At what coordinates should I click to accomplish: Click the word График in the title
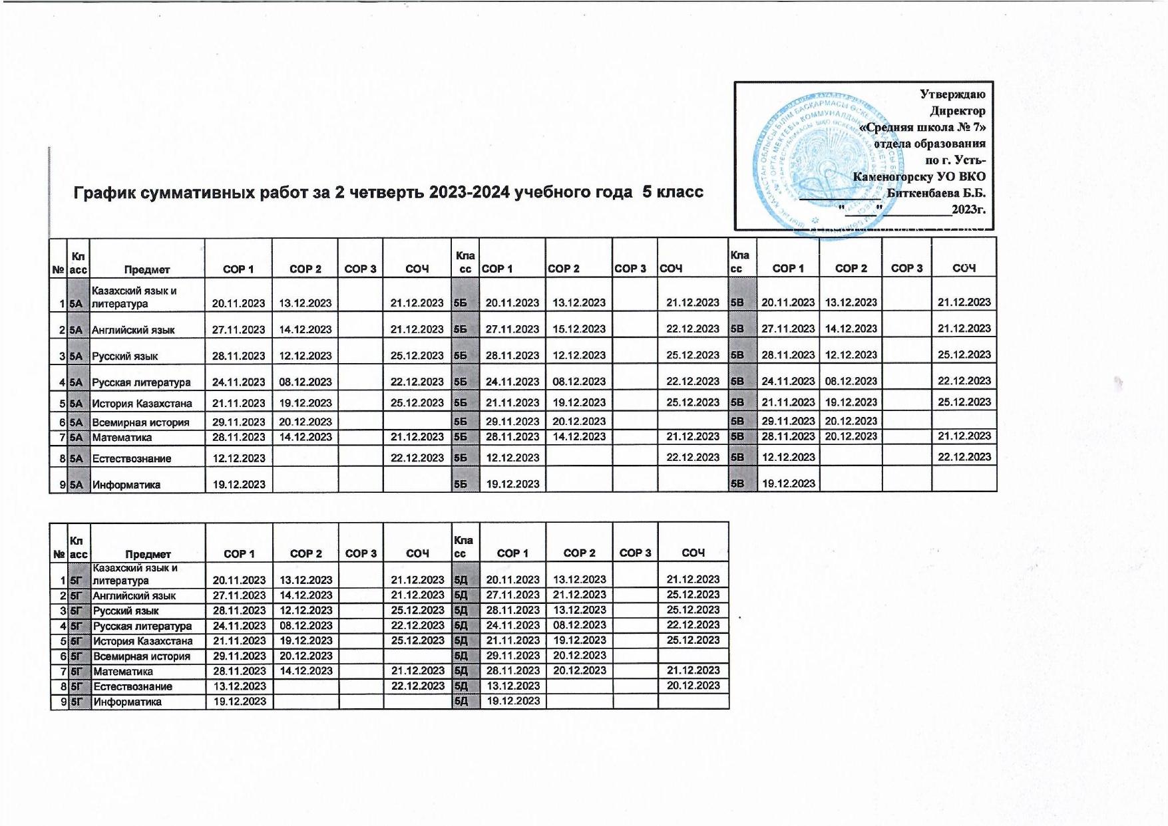pos(102,193)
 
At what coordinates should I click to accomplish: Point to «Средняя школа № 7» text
pos(922,127)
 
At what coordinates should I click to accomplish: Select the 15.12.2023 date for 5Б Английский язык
pos(579,329)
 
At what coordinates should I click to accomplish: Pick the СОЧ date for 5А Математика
pos(417,437)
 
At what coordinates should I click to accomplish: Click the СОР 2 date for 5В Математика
pos(851,436)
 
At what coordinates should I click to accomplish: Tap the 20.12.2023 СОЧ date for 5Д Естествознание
pos(693,685)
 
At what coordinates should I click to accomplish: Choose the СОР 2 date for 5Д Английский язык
pos(579,595)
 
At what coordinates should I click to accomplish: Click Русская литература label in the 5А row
pos(141,382)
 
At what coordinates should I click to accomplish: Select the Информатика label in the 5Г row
pos(127,702)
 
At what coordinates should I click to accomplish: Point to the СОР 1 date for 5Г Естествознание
pos(239,686)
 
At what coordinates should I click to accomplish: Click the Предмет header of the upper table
pos(147,269)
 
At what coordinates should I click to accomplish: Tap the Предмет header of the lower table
pos(148,554)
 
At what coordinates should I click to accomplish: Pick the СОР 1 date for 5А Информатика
pos(238,484)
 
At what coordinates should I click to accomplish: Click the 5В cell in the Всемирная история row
pos(737,421)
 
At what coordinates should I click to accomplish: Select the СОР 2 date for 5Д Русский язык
pos(579,610)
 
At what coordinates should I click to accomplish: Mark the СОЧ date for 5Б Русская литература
pos(693,382)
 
